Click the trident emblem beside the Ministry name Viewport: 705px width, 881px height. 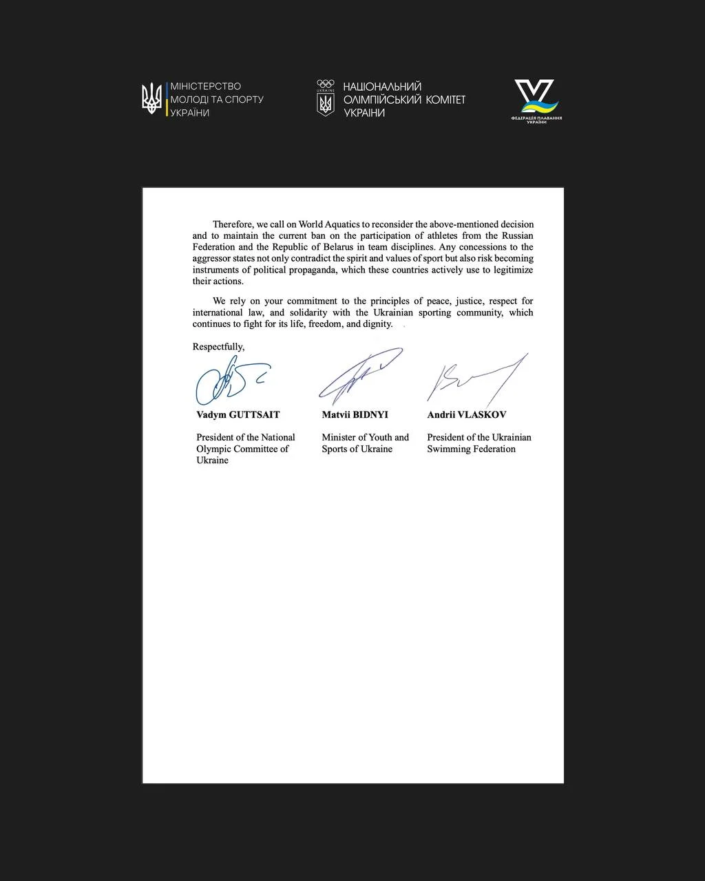pyautogui.click(x=151, y=98)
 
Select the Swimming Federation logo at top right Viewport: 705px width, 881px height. pyautogui.click(x=536, y=100)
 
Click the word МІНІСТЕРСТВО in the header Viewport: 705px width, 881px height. pyautogui.click(x=206, y=87)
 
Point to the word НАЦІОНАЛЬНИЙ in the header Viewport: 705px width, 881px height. pyautogui.click(x=382, y=87)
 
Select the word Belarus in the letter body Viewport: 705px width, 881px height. pyautogui.click(x=334, y=247)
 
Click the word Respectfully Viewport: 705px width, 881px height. pyautogui.click(x=218, y=347)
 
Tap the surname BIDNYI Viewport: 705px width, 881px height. pyautogui.click(x=370, y=415)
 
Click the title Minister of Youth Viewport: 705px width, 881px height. pyautogui.click(x=365, y=437)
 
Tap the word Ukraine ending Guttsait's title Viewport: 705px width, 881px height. pyautogui.click(x=212, y=460)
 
